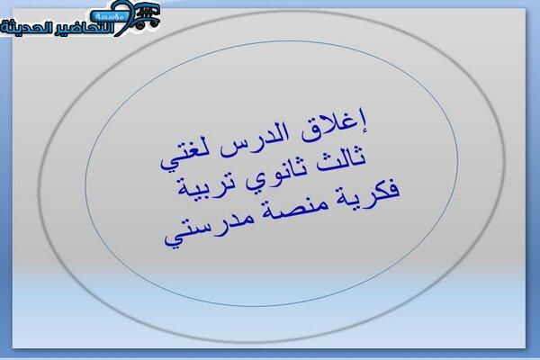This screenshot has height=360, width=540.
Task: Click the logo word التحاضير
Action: point(85,27)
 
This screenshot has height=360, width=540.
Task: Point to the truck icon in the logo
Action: point(148,15)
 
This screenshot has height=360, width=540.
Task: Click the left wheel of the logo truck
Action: point(139,25)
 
